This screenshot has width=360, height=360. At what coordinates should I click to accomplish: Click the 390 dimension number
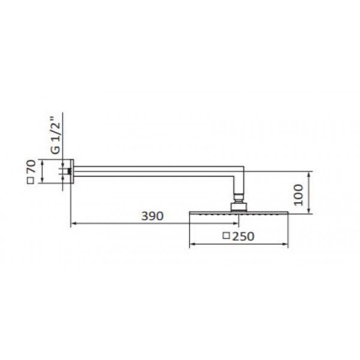[x=152, y=216]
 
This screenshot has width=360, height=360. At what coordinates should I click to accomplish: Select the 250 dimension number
[x=244, y=236]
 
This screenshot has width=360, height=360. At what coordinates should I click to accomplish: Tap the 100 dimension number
[x=298, y=194]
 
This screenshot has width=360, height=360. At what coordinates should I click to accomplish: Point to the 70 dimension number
[x=31, y=166]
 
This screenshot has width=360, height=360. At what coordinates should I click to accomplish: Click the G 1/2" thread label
[x=55, y=136]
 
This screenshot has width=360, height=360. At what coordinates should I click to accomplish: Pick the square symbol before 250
[x=226, y=236]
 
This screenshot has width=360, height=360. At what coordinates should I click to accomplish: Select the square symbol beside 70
[x=31, y=181]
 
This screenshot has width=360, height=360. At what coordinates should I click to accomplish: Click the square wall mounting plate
[x=72, y=171]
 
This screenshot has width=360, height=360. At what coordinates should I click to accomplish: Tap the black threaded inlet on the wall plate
[x=69, y=171]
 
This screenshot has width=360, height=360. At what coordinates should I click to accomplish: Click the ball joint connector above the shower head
[x=239, y=197]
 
